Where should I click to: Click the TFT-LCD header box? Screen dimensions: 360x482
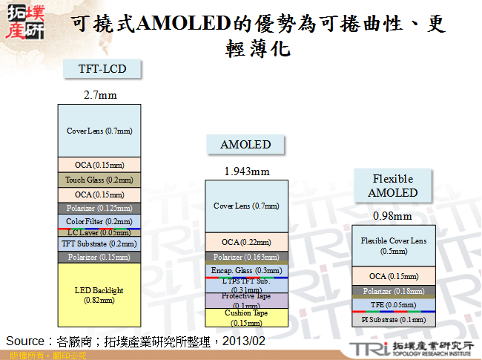point(102,69)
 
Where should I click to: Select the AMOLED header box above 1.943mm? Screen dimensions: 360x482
point(245,144)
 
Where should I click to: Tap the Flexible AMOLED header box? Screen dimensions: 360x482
point(393,186)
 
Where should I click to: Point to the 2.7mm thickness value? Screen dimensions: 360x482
point(99,95)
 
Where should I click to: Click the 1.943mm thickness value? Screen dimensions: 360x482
point(246,171)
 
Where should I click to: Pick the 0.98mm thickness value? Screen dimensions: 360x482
point(393,216)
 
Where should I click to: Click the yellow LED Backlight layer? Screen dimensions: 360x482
point(99,294)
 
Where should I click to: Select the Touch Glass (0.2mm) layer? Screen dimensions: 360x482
point(99,180)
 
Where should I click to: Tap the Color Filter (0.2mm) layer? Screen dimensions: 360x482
point(99,221)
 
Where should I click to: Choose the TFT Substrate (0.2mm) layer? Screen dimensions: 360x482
point(99,243)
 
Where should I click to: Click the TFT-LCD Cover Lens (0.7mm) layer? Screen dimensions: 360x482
point(99,131)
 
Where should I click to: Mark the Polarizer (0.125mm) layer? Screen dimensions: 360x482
point(99,209)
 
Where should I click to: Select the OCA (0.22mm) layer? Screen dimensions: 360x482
point(246,242)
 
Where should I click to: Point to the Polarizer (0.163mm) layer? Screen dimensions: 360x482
point(246,257)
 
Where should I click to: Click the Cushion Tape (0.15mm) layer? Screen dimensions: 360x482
point(246,318)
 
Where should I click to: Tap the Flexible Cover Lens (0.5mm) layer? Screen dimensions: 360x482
point(394,246)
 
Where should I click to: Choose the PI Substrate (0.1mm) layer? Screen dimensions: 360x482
point(394,319)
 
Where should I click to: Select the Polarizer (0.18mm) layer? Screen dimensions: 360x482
point(394,292)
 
